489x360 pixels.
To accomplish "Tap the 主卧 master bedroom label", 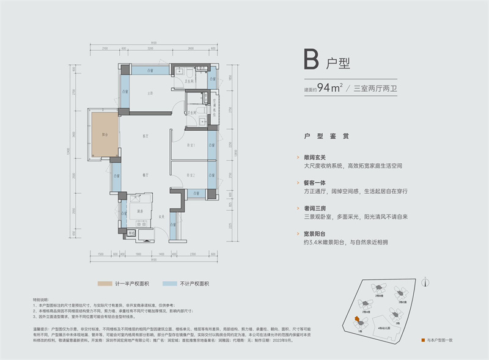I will pos(150,93).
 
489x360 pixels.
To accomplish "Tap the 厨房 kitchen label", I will pos(140,211).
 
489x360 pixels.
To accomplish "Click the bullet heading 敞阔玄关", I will pos(316,156).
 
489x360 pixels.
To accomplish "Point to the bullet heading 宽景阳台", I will pos(316,233).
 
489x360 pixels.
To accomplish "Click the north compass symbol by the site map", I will pos(431,282).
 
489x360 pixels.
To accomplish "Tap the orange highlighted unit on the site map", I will pos(355,319).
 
